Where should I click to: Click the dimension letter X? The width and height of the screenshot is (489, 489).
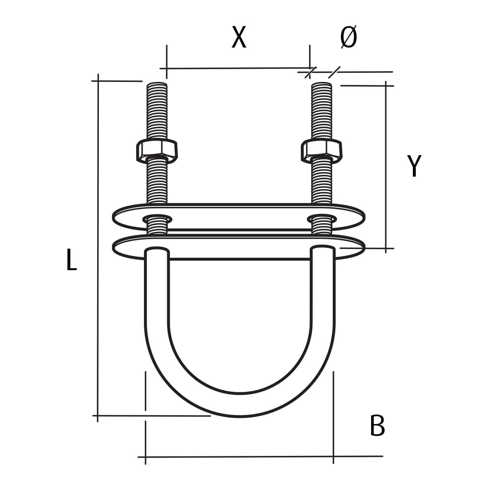[239, 37]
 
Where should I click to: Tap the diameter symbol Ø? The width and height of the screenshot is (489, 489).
[348, 37]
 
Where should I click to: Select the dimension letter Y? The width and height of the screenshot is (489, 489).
[414, 166]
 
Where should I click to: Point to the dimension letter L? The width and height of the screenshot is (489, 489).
[71, 260]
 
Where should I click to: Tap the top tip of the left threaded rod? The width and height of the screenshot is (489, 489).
[157, 84]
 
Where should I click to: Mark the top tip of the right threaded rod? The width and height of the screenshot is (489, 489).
[321, 84]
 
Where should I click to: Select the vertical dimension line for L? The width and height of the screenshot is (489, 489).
[98, 248]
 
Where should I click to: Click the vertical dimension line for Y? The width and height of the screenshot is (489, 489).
[386, 165]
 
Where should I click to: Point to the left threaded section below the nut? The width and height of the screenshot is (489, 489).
[157, 182]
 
